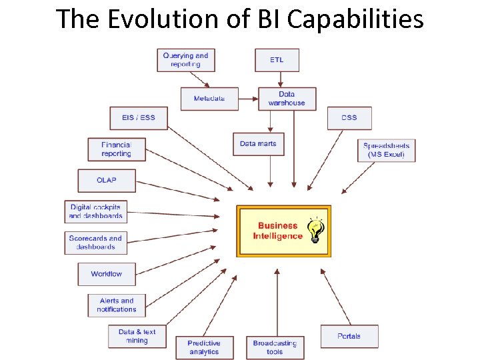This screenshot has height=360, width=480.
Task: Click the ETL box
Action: click(x=277, y=60)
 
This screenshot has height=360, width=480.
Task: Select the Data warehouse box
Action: click(x=287, y=99)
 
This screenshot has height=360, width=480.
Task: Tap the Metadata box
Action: click(x=209, y=99)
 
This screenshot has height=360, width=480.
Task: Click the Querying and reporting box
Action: click(x=185, y=60)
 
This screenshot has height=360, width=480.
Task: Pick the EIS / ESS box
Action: click(x=139, y=118)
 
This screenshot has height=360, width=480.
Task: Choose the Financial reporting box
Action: click(x=117, y=149)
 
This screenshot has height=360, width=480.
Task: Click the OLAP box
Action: click(x=107, y=181)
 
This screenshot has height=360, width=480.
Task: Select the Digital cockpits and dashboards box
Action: click(x=95, y=211)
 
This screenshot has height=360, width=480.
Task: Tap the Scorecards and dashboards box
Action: click(x=95, y=243)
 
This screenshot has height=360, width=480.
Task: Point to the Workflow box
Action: click(x=107, y=274)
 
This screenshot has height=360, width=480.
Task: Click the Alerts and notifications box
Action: click(x=117, y=305)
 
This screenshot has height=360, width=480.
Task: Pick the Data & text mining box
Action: click(x=137, y=336)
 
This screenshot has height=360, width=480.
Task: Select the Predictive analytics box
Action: click(x=204, y=347)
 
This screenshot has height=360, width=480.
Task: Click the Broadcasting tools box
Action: click(x=275, y=347)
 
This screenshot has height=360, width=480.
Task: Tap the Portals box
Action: click(x=349, y=336)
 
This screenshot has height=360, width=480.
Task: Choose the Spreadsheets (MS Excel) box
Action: click(x=387, y=150)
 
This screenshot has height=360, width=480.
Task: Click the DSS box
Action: click(x=349, y=118)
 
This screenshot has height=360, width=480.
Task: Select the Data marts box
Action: click(x=258, y=144)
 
